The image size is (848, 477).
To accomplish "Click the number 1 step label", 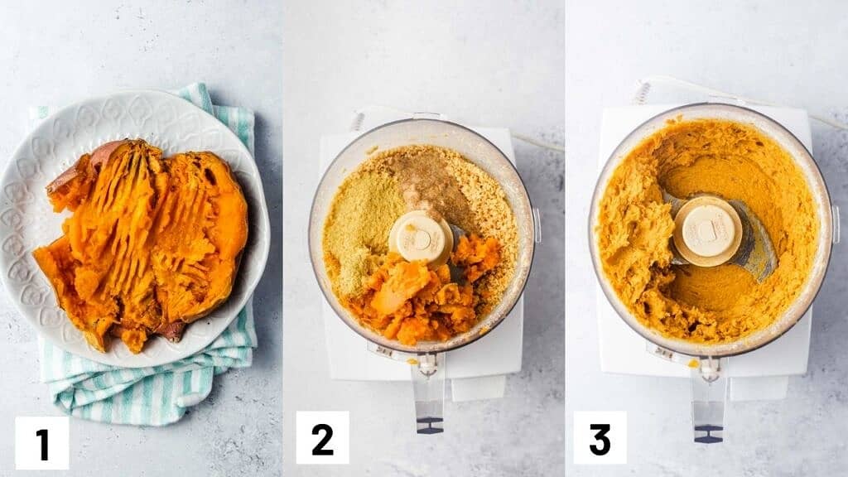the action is (42, 443).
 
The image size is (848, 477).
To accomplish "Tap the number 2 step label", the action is (322, 437).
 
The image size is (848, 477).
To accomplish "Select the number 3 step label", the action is (600, 437).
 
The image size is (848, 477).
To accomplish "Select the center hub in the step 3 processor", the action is (707, 231).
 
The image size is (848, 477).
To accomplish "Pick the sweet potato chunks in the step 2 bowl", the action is (427, 297).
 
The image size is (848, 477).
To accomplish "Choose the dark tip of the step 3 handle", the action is (709, 434).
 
